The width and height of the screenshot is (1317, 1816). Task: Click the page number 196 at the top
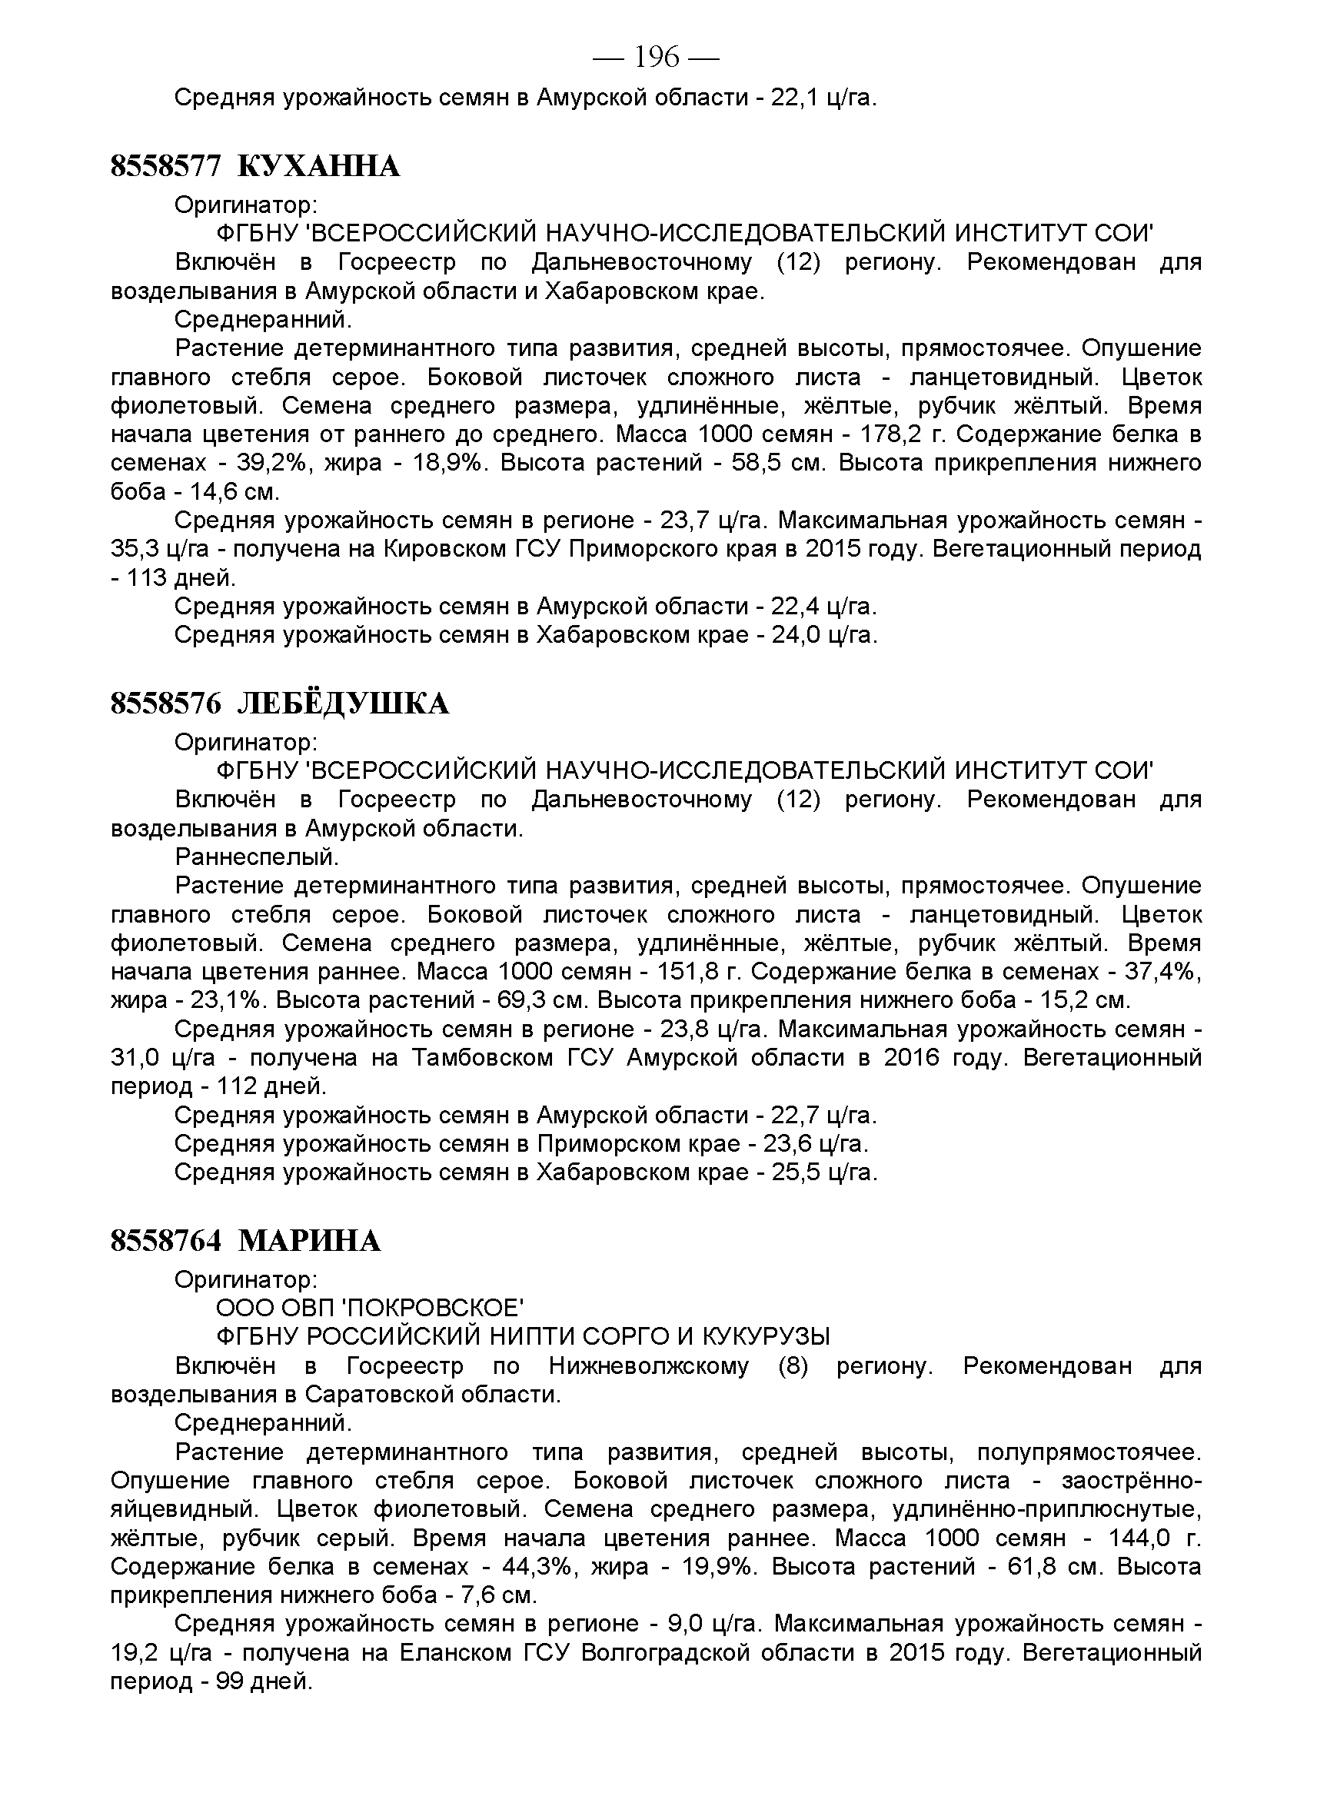657,58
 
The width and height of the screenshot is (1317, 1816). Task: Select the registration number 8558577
165,167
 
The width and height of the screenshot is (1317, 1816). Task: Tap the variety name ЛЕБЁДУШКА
344,703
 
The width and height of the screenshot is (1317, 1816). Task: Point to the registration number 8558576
165,703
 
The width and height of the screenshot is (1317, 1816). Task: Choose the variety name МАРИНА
310,1241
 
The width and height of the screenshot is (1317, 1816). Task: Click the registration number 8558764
165,1241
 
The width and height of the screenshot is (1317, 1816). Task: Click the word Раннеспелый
257,856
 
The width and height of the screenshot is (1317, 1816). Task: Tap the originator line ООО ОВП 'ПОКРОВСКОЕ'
370,1309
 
